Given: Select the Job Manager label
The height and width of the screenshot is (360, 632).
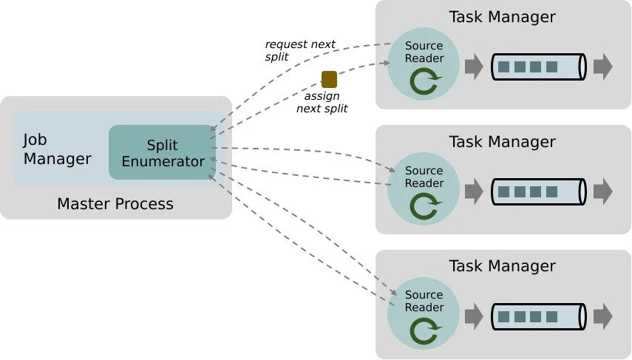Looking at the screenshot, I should [57, 149].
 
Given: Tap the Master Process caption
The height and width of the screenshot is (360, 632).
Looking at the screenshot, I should [115, 203].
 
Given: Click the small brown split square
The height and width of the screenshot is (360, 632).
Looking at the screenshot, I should [329, 79].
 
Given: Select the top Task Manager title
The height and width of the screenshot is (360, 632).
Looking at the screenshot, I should [502, 16].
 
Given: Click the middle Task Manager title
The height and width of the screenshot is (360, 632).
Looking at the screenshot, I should [502, 141].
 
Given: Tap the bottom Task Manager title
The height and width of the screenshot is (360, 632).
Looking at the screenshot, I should [502, 266].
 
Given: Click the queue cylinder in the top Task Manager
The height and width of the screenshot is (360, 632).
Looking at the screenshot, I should [539, 67].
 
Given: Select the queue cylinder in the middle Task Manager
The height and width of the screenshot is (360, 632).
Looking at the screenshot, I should [539, 192].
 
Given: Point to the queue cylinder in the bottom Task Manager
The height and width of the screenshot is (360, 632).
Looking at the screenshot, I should [539, 317].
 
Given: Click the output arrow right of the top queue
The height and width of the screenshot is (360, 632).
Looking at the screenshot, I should [602, 67].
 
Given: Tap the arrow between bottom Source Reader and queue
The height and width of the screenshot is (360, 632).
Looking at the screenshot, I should [473, 317].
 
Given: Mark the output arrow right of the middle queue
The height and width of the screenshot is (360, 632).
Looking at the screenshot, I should [602, 192].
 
